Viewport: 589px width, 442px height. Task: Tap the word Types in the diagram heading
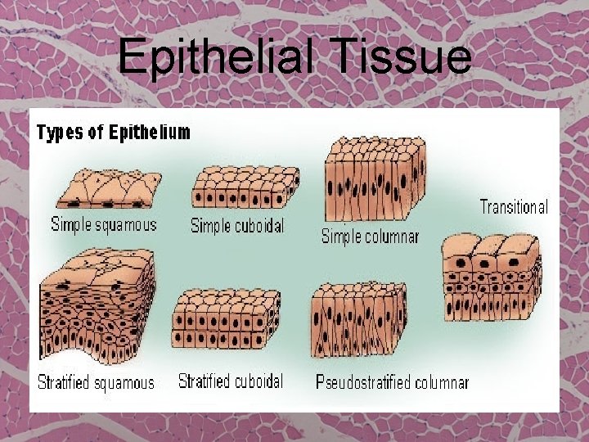(61, 133)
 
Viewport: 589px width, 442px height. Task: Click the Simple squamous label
(104, 223)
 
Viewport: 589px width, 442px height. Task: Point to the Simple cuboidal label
(237, 225)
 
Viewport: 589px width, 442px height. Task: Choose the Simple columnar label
(370, 236)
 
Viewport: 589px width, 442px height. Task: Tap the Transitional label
(514, 206)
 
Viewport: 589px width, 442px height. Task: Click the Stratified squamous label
(96, 382)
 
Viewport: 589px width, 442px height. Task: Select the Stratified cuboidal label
(231, 381)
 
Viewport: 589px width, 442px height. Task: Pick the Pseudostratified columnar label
(392, 382)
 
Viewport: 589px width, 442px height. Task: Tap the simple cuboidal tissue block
(245, 187)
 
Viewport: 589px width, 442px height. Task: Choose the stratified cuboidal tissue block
(226, 323)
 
